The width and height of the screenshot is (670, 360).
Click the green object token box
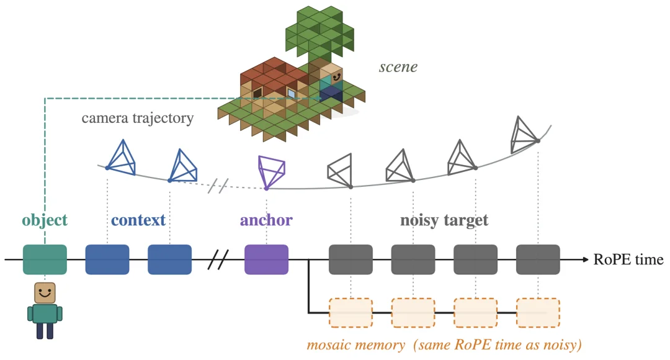pyautogui.click(x=45, y=259)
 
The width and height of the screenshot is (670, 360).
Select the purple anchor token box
pyautogui.click(x=266, y=259)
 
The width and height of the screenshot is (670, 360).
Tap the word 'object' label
pyautogui.click(x=45, y=220)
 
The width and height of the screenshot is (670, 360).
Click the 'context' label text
pyautogui.click(x=138, y=220)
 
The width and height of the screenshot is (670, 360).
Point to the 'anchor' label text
pyautogui.click(x=266, y=220)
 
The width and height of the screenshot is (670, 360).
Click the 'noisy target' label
pyautogui.click(x=444, y=220)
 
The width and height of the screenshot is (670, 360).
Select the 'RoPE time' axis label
pyautogui.click(x=628, y=259)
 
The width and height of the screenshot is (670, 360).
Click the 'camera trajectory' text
pyautogui.click(x=138, y=118)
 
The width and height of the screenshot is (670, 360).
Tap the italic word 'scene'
pyautogui.click(x=398, y=66)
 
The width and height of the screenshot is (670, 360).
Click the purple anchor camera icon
pyautogui.click(x=271, y=173)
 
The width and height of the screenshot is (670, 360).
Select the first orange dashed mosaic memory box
pyautogui.click(x=351, y=313)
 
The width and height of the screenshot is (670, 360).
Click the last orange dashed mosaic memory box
pyautogui.click(x=538, y=313)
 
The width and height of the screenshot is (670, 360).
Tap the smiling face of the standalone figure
pyautogui.click(x=45, y=293)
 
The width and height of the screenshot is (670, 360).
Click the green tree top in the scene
pyautogui.click(x=319, y=32)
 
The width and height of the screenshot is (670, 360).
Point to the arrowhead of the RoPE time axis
pyautogui.click(x=586, y=259)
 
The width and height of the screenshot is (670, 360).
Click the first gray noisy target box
pyautogui.click(x=351, y=259)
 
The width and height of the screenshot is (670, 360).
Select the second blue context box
pyautogui.click(x=169, y=259)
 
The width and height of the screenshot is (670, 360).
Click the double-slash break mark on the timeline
pyautogui.click(x=218, y=259)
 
